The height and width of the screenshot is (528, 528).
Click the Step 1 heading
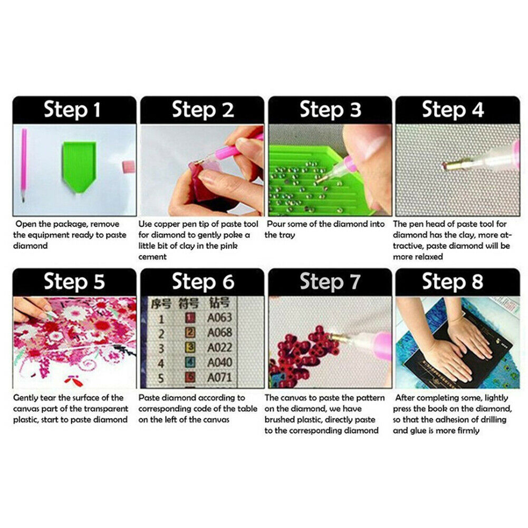72,110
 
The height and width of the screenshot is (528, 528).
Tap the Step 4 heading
453,110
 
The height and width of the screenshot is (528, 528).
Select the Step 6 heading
203,282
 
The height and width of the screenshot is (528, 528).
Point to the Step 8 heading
453,282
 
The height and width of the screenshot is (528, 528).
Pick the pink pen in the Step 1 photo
24,165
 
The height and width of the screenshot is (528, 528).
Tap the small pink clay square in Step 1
128,166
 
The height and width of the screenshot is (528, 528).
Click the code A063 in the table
219,318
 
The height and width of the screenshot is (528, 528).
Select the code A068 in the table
219,333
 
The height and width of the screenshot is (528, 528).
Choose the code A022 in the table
219,348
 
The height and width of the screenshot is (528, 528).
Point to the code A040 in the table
219,363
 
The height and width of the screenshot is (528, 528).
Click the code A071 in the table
219,378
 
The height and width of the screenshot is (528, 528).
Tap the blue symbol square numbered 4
190,362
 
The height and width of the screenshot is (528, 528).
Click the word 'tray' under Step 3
287,235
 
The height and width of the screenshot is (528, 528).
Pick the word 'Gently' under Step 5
26,398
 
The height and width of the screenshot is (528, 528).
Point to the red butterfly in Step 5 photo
73,380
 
